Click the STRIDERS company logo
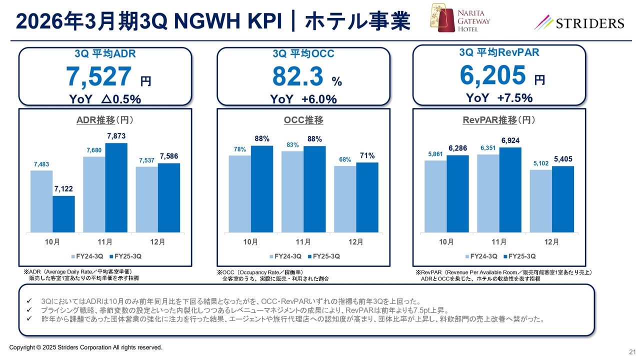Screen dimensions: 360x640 (x=579, y=23)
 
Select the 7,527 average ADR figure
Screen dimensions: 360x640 (x=99, y=76)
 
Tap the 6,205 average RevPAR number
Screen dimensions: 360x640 (x=492, y=75)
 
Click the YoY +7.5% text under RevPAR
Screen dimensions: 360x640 (x=498, y=98)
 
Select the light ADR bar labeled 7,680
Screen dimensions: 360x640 (x=94, y=194)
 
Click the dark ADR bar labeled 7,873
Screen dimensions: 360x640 (x=116, y=187)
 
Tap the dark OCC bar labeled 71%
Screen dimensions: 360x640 (x=367, y=197)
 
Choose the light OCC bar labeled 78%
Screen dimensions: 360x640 (x=239, y=193)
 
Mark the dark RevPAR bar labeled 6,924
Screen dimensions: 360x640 (x=510, y=189)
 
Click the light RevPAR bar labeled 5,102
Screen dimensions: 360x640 (x=540, y=201)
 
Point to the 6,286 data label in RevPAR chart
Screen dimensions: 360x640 (x=457, y=148)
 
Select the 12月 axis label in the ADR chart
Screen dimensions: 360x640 (x=157, y=242)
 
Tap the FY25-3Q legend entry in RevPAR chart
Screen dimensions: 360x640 (x=522, y=256)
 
